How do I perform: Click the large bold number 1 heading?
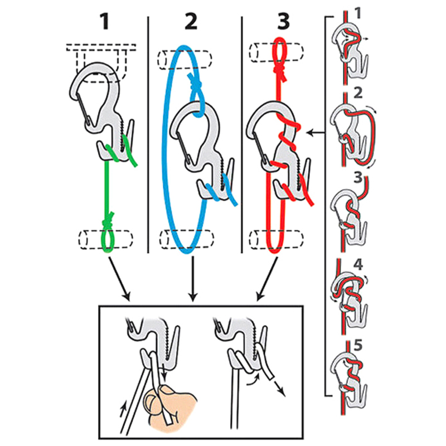coord(105,22)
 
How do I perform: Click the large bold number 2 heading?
coord(191,22)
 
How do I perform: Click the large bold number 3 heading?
coord(283,22)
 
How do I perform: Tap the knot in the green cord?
coord(108,220)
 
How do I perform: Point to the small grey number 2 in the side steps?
coord(358,94)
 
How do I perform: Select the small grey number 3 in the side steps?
coord(358,177)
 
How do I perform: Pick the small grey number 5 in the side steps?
coord(358,346)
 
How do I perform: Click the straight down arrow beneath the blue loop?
coord(193,279)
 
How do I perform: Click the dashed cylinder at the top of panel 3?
coord(276,52)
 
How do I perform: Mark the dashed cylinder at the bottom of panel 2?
coord(187,240)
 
